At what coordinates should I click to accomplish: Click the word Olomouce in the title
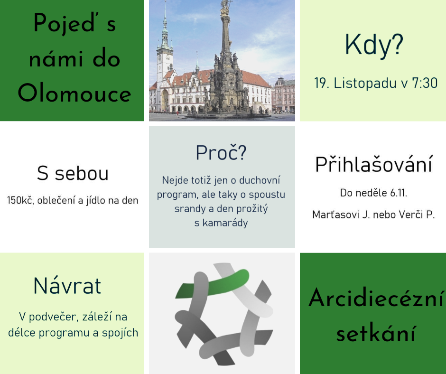tap(74, 93)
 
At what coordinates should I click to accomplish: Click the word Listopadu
tap(365, 84)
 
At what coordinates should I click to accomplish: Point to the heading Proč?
tap(221, 153)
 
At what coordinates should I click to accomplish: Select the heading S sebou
tap(73, 173)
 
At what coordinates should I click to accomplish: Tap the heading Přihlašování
tap(374, 164)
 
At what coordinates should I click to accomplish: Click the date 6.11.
tap(399, 193)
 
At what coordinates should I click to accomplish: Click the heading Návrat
tap(67, 285)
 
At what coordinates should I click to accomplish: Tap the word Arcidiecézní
tap(376, 298)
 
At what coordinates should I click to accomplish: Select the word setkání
tap(376, 333)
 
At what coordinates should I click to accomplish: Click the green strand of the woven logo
tap(212, 283)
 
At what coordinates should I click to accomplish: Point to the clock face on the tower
tap(160, 58)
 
